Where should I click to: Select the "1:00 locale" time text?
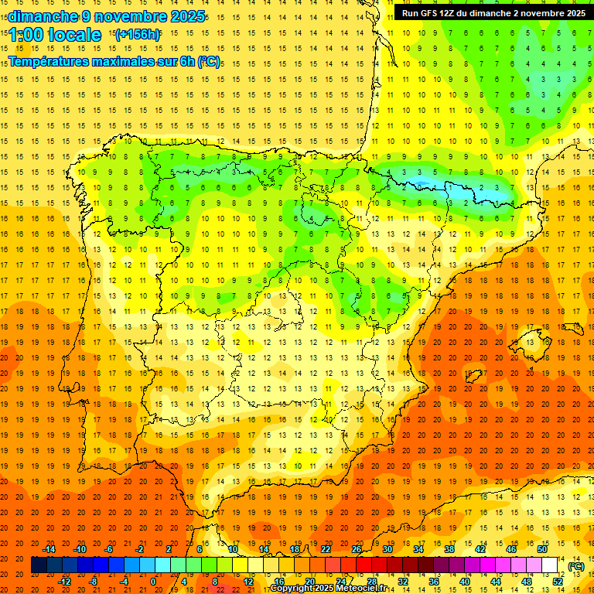point(55,35)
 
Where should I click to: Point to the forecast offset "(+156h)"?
point(137,34)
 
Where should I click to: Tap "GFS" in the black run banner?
point(435,13)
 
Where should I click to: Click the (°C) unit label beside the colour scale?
point(575,566)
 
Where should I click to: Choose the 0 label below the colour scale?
point(153,582)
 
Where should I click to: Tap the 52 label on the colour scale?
point(558,582)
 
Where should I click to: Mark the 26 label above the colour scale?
point(357,549)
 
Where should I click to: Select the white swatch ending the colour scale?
point(550,565)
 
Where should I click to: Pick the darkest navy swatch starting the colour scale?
point(39,565)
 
